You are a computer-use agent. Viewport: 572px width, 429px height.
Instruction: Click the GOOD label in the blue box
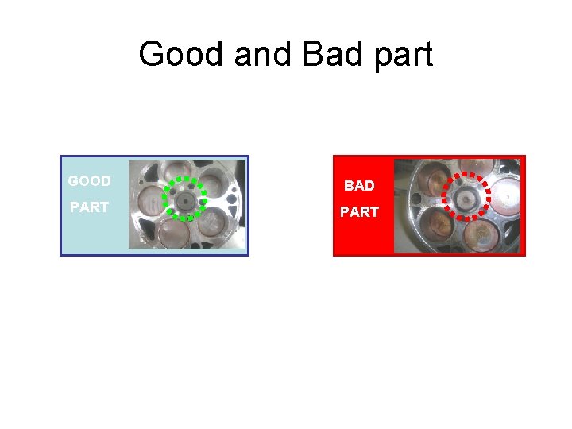[x=89, y=181]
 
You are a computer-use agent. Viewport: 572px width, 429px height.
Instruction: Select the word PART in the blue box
[x=89, y=208]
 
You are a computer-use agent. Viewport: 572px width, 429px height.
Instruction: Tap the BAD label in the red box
[x=359, y=186]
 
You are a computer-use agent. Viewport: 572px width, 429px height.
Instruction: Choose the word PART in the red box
[x=359, y=213]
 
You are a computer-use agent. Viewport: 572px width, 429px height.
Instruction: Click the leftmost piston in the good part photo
[x=149, y=201]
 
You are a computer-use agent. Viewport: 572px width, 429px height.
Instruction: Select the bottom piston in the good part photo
[x=176, y=232]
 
